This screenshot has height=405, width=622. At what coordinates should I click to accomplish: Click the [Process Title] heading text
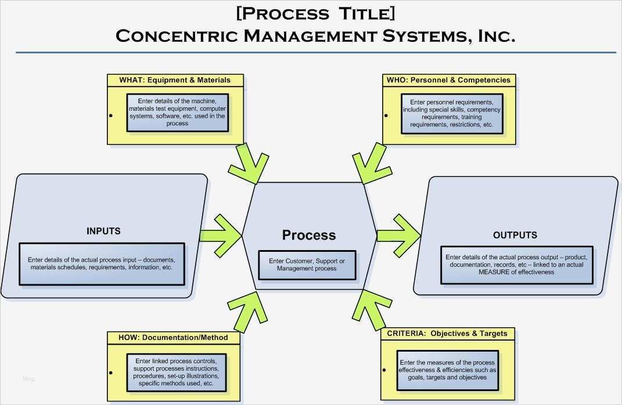tap(315, 13)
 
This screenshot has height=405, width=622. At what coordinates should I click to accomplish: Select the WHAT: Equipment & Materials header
tap(175, 80)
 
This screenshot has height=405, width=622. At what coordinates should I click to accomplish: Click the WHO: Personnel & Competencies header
tap(448, 80)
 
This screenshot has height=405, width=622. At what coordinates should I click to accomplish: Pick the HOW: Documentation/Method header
tap(173, 337)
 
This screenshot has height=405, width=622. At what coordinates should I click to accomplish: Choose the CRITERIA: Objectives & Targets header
tap(447, 334)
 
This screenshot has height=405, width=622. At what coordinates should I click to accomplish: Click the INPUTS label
tap(103, 231)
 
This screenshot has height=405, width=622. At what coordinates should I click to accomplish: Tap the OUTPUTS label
tap(515, 235)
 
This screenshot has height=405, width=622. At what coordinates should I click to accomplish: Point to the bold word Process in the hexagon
tap(309, 235)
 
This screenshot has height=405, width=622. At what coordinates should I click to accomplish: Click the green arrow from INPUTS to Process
tap(221, 235)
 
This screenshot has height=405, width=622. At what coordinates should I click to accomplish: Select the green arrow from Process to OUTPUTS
tap(399, 235)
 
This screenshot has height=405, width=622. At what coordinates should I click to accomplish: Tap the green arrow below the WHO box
tap(371, 164)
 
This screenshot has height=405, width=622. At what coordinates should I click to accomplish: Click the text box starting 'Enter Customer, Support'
tap(307, 265)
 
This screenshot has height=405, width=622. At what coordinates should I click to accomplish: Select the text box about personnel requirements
tap(451, 113)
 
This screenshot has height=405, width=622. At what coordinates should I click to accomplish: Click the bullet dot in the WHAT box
tap(110, 115)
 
